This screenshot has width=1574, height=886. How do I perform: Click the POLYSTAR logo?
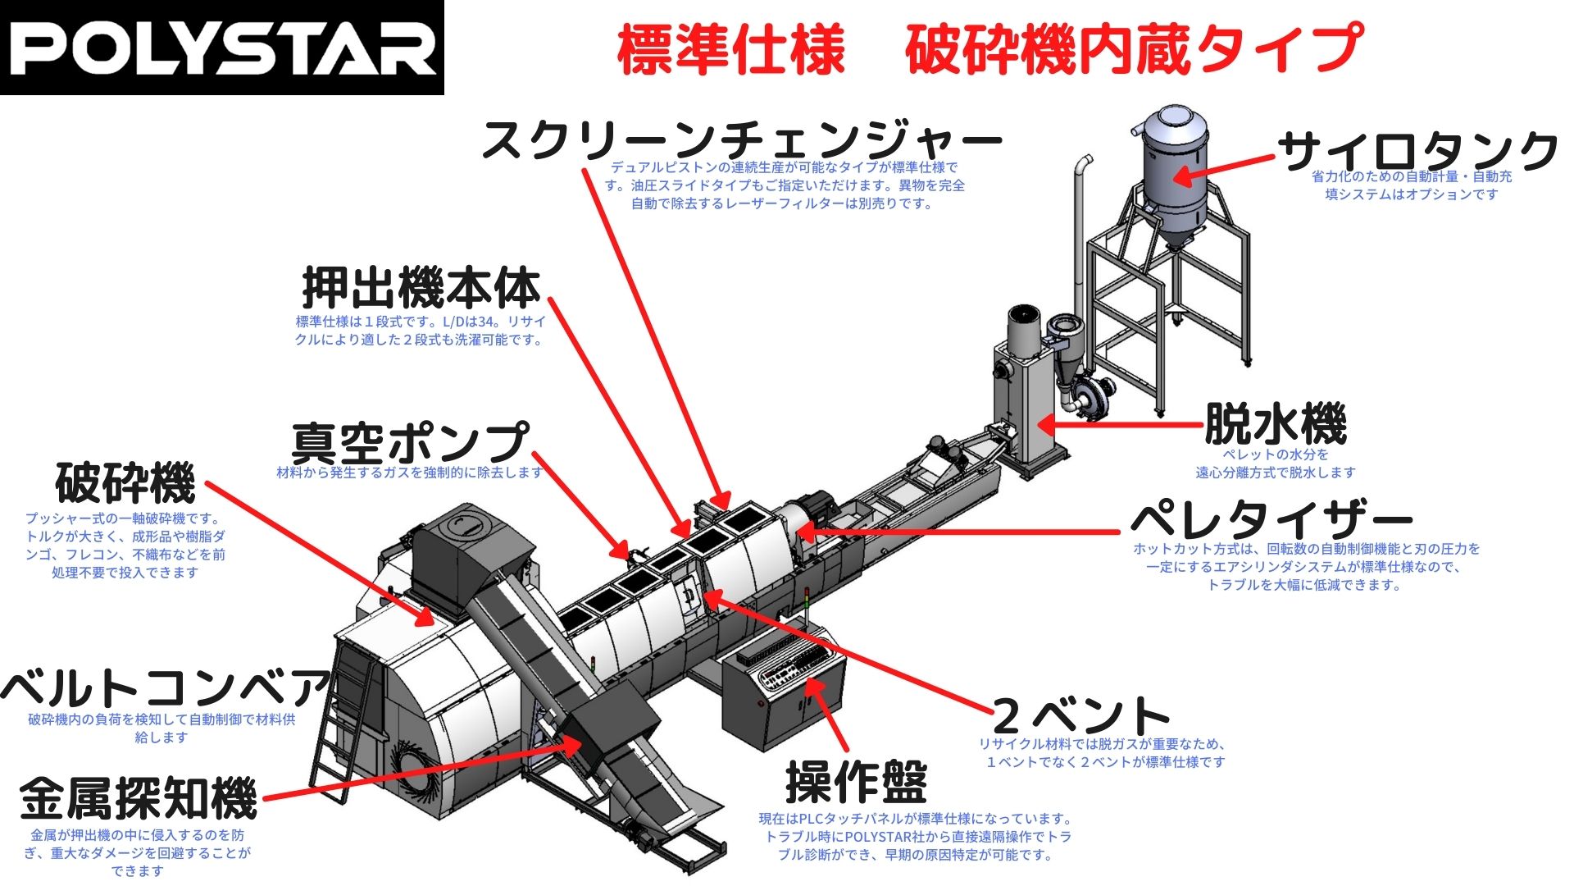[221, 48]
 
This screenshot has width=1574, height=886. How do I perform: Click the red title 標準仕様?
[730, 50]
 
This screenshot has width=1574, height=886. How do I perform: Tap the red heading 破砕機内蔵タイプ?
[1134, 48]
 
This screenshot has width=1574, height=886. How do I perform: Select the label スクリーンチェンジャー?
[742, 139]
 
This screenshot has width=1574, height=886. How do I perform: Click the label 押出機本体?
[421, 288]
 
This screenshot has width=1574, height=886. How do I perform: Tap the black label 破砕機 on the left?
[125, 482]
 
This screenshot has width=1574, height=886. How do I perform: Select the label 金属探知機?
[139, 798]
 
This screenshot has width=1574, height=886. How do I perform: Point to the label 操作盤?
[856, 781]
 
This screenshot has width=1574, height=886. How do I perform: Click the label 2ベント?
[1080, 715]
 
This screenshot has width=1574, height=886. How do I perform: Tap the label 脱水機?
[1275, 424]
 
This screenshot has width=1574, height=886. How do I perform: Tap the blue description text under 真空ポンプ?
[410, 473]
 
